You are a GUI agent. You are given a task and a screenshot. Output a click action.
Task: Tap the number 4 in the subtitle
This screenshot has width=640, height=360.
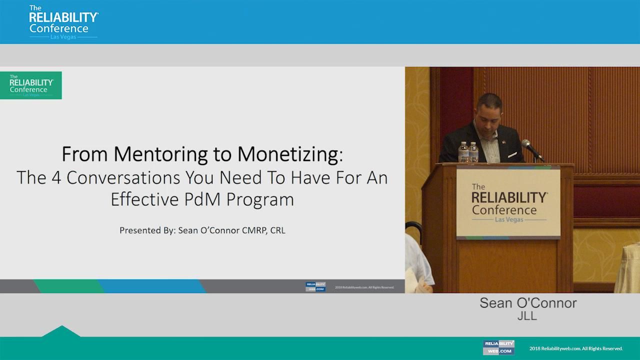point(56,178)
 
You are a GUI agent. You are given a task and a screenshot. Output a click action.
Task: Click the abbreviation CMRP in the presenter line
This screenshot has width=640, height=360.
point(251,230)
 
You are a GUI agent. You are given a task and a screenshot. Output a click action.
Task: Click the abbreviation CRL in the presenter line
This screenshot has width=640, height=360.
point(277,230)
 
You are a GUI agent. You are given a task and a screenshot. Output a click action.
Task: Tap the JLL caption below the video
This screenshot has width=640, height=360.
point(527,316)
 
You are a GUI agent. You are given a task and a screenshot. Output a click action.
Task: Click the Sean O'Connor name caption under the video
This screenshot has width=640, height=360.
point(528,303)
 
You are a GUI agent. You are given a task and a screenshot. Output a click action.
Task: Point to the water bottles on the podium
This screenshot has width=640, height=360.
point(468,152)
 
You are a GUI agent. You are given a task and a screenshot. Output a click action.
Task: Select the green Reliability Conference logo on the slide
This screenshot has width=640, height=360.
point(31,85)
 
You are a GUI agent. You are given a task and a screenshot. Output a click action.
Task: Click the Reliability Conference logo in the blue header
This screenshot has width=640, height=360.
point(63,22)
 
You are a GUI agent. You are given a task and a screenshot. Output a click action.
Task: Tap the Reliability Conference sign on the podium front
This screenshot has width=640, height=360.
point(508,203)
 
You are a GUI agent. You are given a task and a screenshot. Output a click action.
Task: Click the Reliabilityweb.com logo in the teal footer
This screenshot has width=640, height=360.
point(498,347)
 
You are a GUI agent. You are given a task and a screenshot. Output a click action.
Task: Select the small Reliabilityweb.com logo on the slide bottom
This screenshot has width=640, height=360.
point(315,287)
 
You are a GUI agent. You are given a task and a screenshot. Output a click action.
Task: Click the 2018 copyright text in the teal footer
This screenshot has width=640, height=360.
point(575,348)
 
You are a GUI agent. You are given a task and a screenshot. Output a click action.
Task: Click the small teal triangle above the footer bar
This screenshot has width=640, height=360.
point(61,331)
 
